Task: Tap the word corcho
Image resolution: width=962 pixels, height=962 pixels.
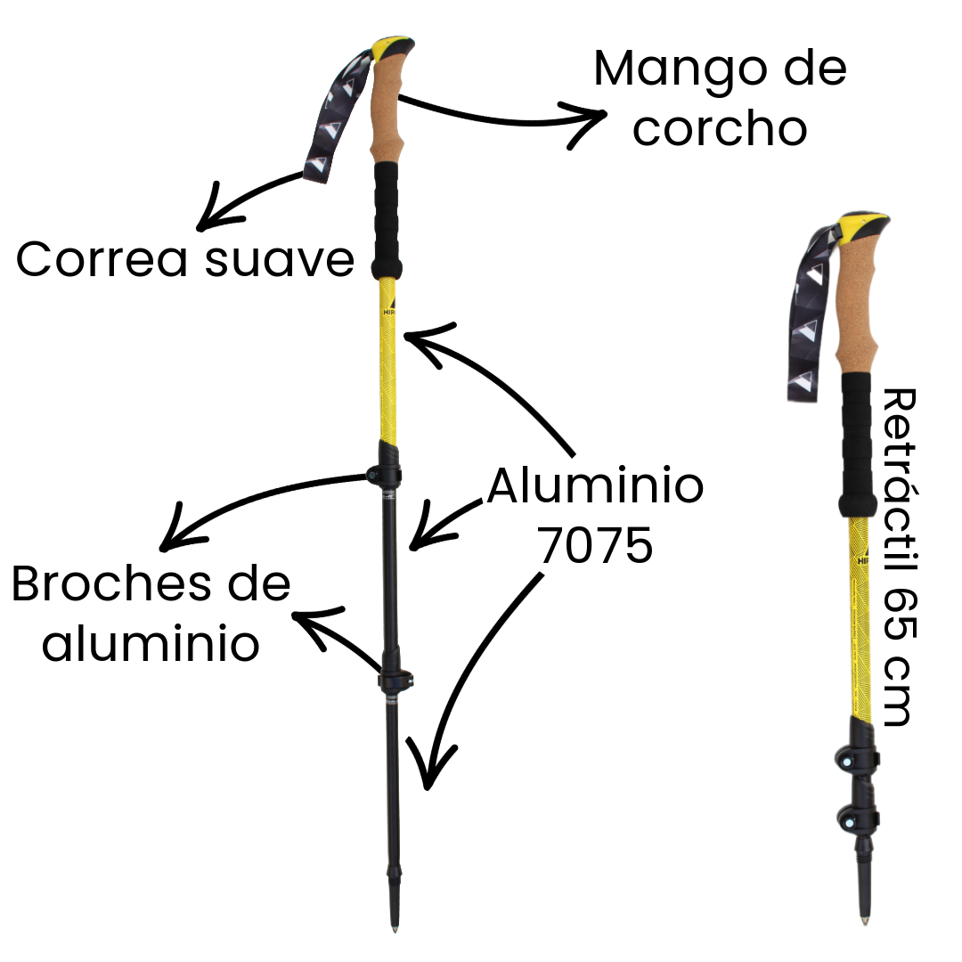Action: click(720, 129)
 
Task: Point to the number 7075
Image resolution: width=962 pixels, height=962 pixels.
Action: click(595, 545)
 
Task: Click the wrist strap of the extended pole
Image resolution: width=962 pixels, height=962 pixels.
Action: click(334, 116)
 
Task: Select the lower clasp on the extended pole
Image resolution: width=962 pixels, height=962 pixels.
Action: click(394, 681)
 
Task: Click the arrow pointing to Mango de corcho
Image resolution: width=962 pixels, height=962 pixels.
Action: click(499, 111)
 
